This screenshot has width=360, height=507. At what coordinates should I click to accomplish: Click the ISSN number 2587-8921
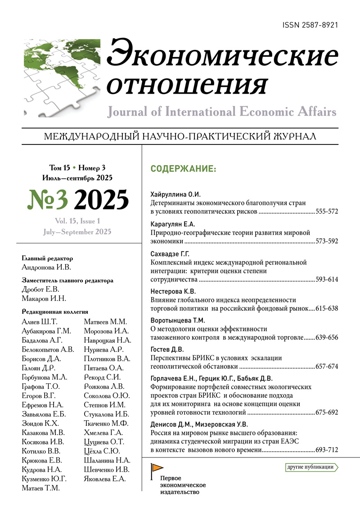(x=310, y=26)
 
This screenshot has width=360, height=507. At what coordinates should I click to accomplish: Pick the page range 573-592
(x=327, y=241)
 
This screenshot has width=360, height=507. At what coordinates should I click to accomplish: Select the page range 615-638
(x=327, y=309)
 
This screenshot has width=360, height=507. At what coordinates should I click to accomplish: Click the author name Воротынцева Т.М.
(x=177, y=321)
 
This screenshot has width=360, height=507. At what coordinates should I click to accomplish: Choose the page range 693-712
(x=327, y=450)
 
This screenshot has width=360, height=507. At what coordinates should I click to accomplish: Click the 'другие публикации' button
(x=311, y=467)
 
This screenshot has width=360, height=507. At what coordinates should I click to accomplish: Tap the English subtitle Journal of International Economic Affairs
(x=222, y=112)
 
